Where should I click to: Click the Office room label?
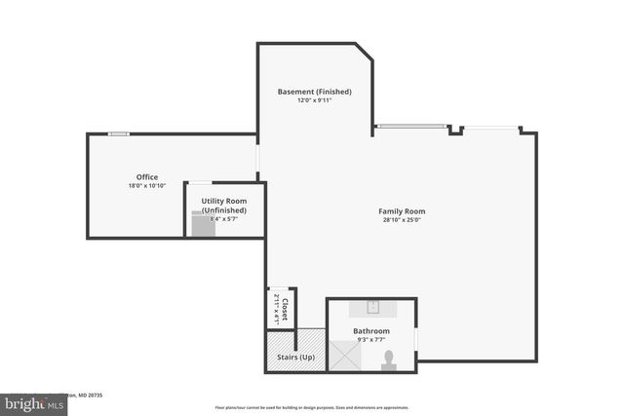[x=146, y=177]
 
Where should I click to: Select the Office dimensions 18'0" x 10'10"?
[x=146, y=186]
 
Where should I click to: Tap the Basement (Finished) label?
[x=314, y=92]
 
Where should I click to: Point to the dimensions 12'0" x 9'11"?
[x=314, y=100]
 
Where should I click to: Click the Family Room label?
[x=402, y=211]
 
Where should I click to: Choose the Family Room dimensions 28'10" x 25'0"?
[x=402, y=220]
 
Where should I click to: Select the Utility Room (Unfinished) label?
[x=223, y=206]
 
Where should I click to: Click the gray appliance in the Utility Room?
[x=203, y=225]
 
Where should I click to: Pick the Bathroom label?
[x=370, y=331]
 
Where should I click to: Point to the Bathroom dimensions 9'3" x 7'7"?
[x=370, y=340]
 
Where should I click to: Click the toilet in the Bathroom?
[x=388, y=359]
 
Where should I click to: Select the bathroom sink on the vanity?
[x=371, y=307]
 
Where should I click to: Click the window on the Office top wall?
[x=118, y=133]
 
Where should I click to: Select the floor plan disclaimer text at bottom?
[x=312, y=407]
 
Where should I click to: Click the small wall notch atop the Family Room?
[x=455, y=130]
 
